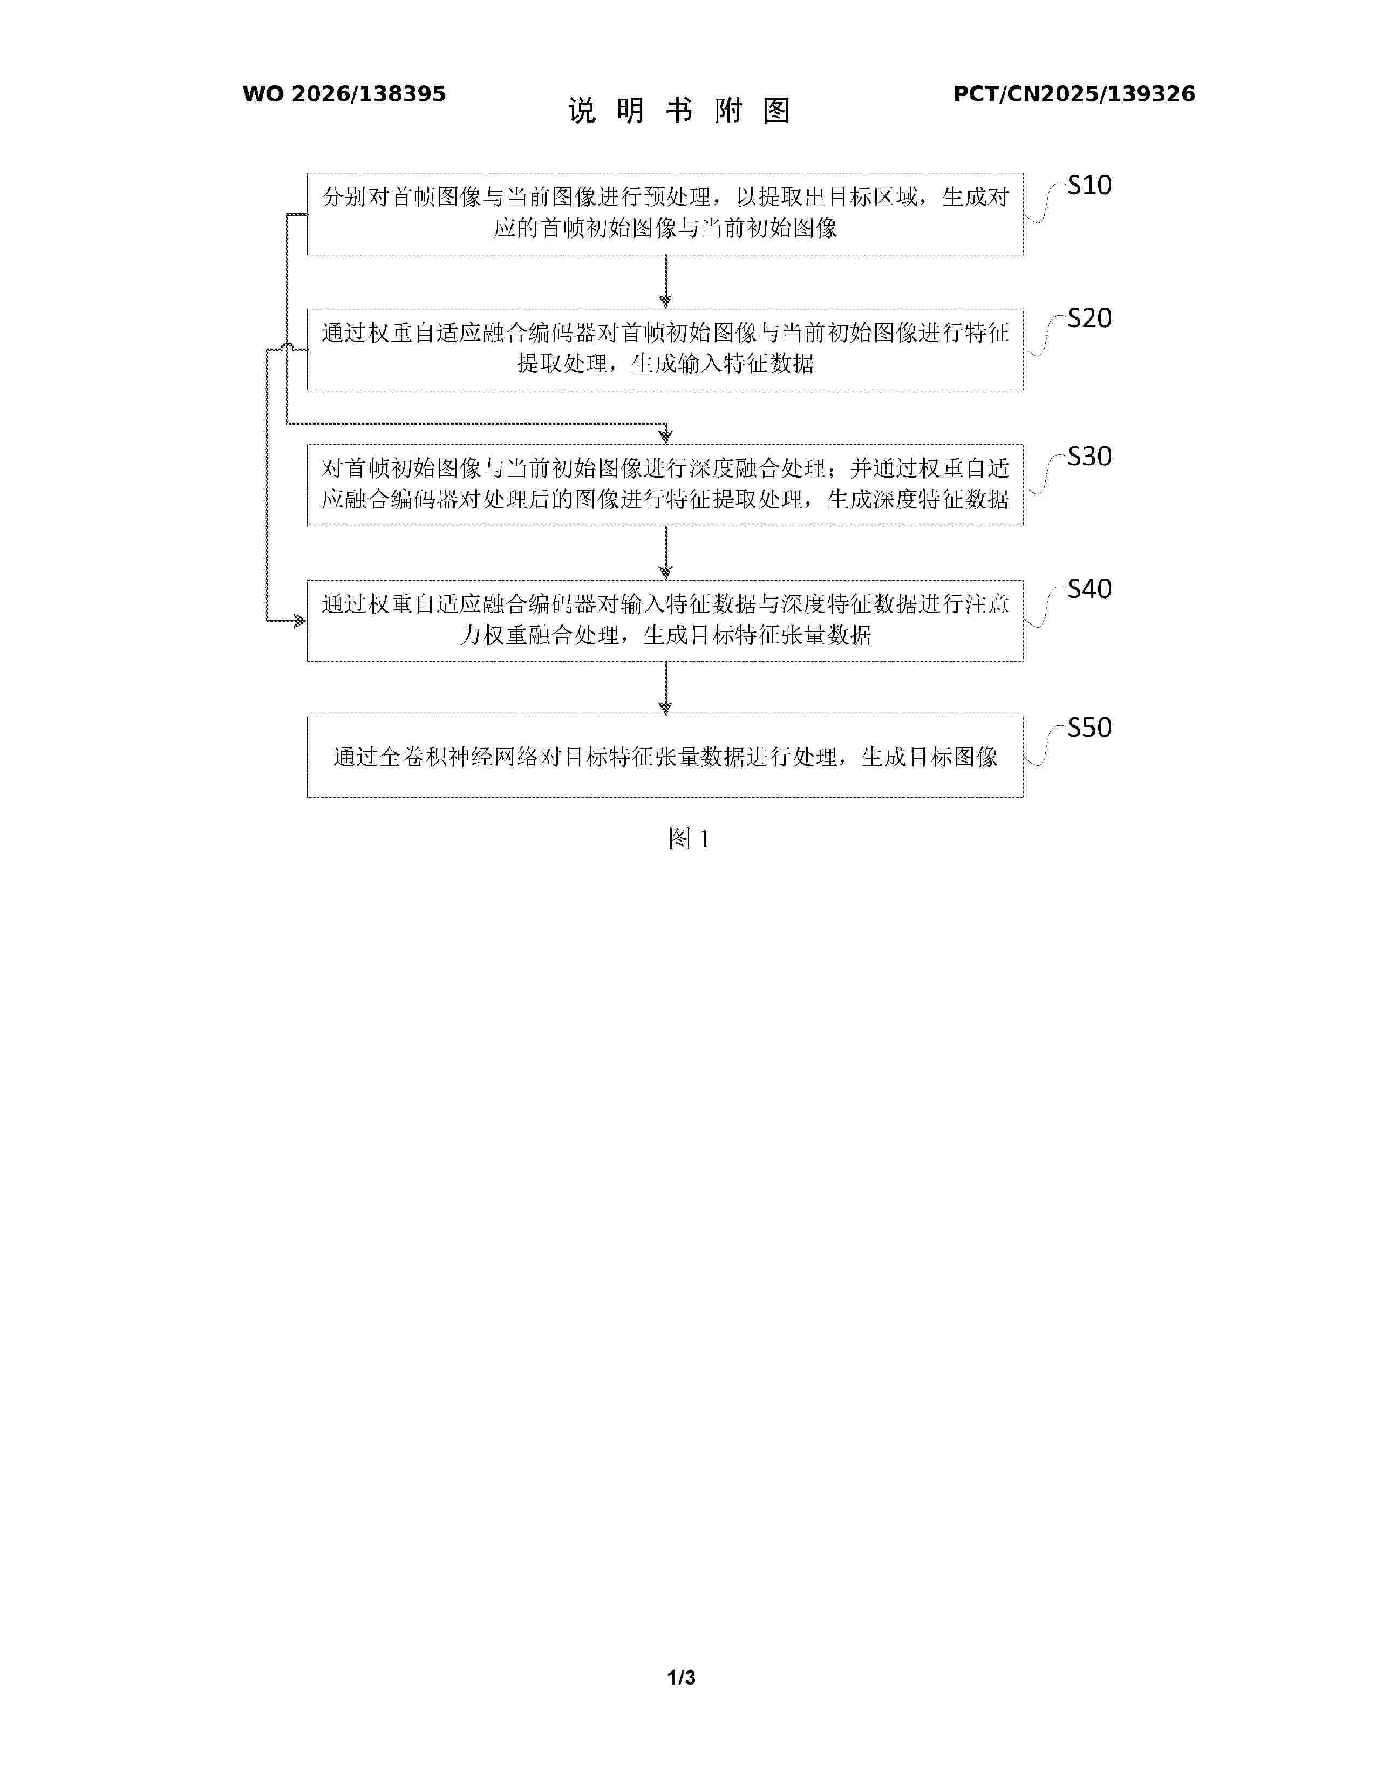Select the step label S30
click(x=1089, y=457)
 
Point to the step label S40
click(x=1089, y=589)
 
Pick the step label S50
click(x=1089, y=728)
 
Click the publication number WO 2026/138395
click(x=344, y=94)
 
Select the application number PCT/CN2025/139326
click(x=1074, y=94)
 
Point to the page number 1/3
click(x=682, y=1677)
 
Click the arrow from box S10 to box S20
click(x=665, y=281)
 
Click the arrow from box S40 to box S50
click(x=665, y=688)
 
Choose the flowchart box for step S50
click(x=665, y=756)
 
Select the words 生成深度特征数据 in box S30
click(x=918, y=499)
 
